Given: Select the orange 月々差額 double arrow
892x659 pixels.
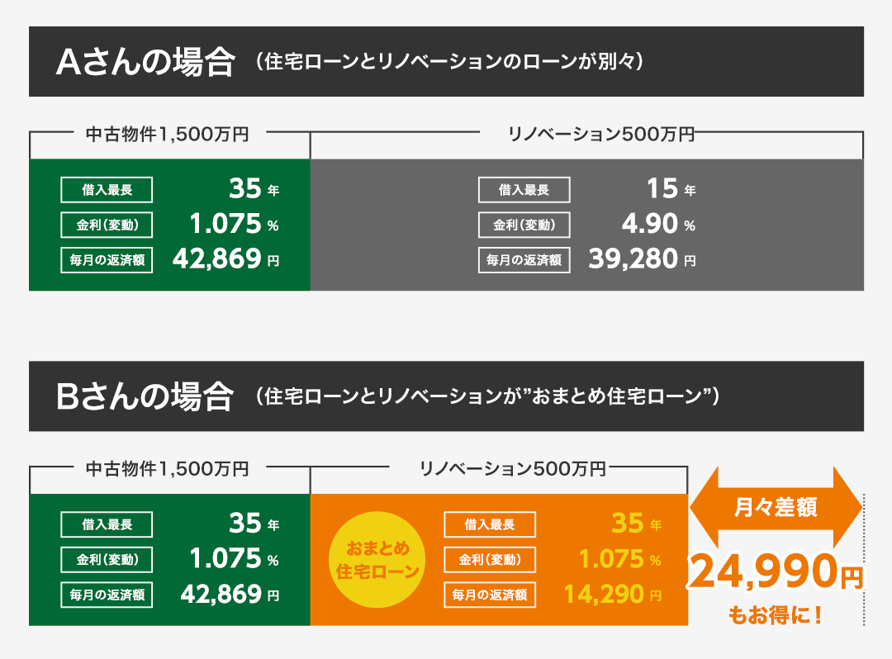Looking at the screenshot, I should pos(776,508).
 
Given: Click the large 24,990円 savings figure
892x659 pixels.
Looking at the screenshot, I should pos(775,572).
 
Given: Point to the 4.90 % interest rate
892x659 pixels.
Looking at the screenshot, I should pos(658,224).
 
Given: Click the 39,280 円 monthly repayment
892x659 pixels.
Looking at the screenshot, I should pos(642,259).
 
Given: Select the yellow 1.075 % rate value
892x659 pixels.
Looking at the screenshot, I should pos(619,559).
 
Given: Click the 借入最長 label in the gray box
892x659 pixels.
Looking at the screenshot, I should pos(524,190).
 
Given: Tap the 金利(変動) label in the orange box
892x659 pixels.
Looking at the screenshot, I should pos(490,559).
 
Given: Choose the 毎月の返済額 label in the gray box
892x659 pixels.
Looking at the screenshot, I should pos(524,260).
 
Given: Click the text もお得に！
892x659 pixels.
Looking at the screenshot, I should pos(775,615).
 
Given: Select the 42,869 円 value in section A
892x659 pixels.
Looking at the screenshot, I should pos(225,259).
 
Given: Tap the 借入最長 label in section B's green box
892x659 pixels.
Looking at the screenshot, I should pos(107,524).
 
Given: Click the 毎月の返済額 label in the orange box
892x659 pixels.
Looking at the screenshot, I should pos(490,594).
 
